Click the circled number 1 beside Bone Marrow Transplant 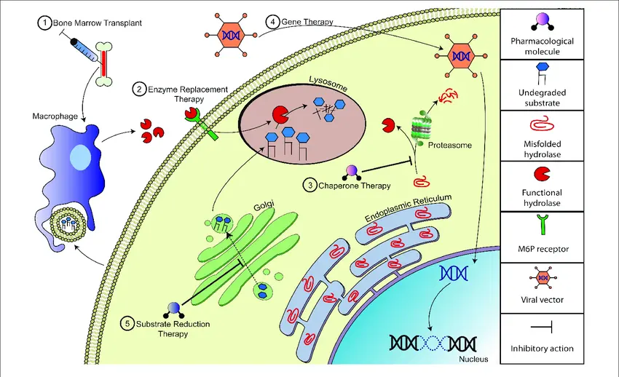[x=44, y=24]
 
